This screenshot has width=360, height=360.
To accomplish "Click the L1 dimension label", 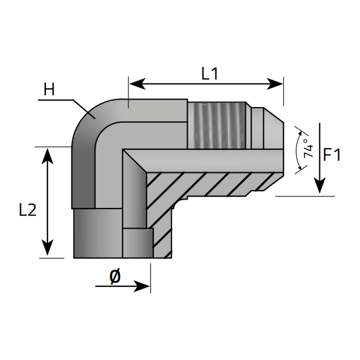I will click(x=210, y=73).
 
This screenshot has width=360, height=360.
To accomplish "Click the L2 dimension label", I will click(x=27, y=210).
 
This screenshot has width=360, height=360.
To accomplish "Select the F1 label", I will click(x=333, y=155).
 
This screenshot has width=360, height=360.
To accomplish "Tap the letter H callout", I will click(x=49, y=90).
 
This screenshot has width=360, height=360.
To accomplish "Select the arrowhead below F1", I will click(x=319, y=187).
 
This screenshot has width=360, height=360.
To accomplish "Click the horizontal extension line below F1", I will click(x=306, y=196).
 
